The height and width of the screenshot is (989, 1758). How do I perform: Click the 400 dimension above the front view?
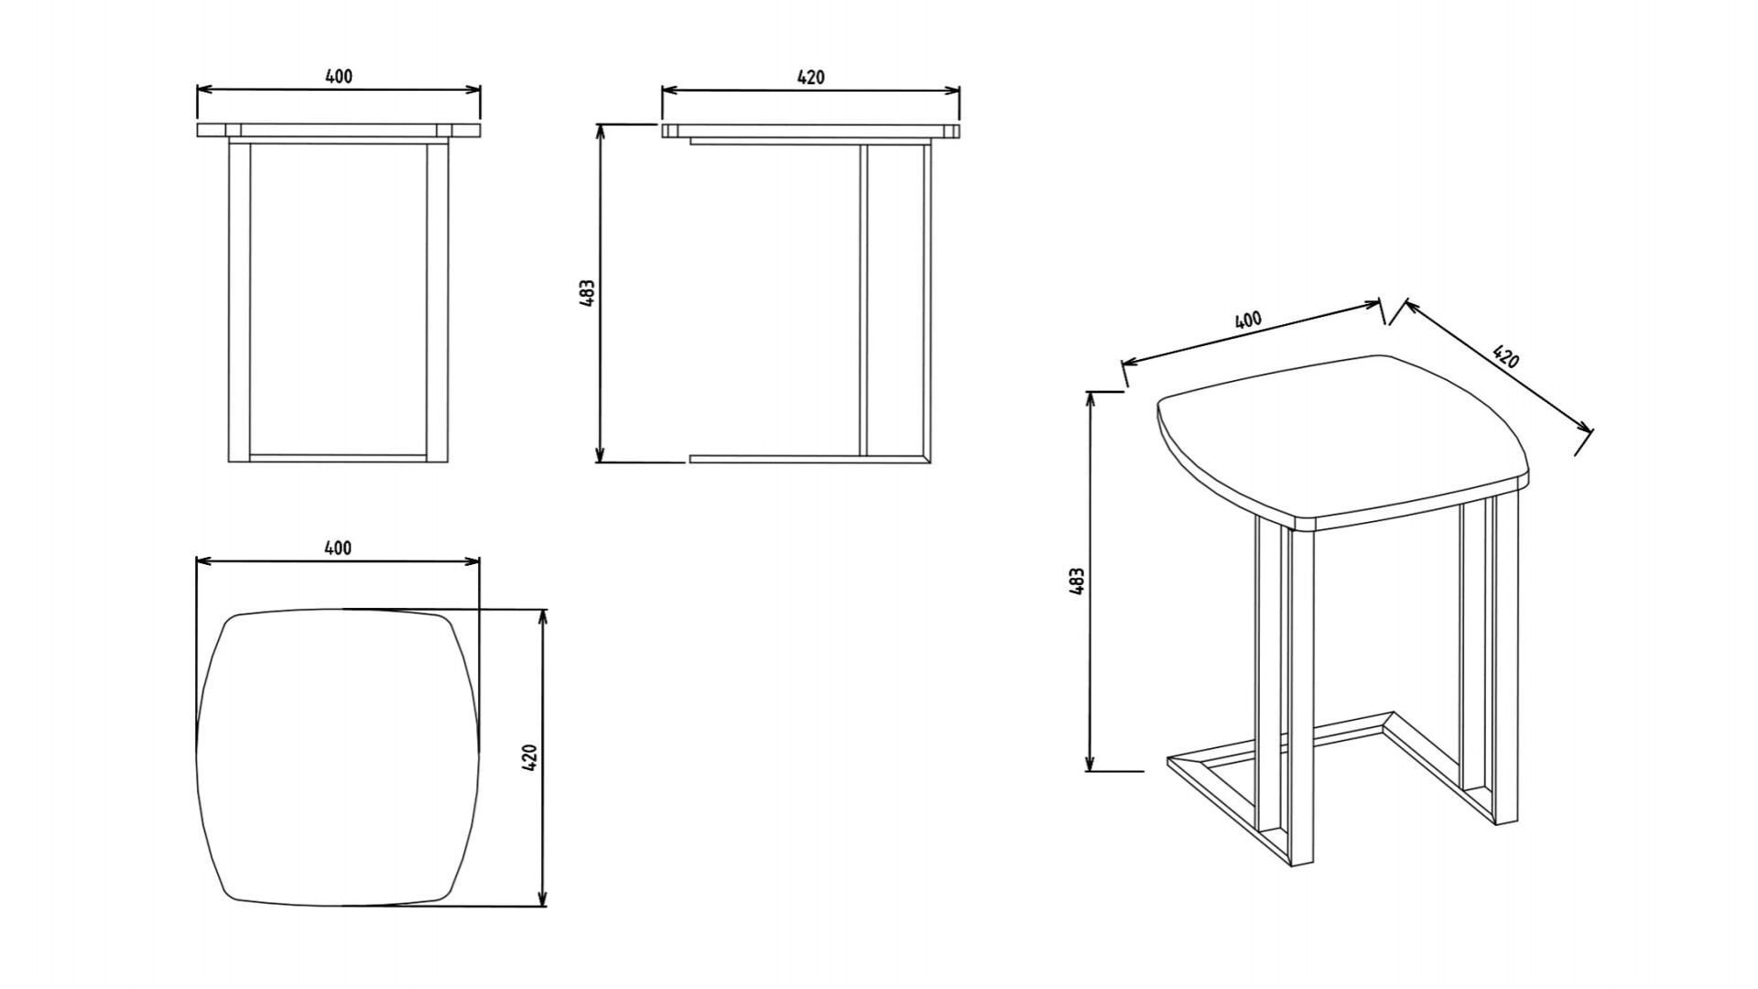[339, 76]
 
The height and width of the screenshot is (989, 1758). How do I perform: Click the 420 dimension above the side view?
[810, 77]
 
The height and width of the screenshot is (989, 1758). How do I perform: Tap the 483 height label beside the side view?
[588, 292]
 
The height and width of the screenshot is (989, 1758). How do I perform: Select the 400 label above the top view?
[338, 548]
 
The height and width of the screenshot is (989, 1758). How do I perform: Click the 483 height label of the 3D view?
[1077, 581]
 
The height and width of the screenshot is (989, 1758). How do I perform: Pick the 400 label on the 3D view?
[1248, 320]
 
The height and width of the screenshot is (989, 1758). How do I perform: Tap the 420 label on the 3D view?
[1505, 355]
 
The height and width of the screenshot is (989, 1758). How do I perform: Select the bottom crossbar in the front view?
[338, 457]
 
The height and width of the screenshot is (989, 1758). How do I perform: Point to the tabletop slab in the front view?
[339, 130]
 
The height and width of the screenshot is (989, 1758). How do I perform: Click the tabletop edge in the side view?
[811, 131]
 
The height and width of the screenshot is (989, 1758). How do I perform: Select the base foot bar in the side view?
[809, 458]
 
